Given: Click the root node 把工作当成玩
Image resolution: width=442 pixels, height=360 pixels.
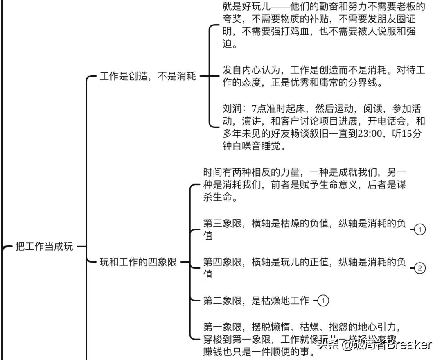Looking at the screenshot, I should tap(44, 247).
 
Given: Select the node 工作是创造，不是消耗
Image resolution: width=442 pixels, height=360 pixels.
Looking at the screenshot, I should tap(148, 76).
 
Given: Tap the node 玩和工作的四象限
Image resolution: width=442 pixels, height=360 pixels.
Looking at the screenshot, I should tap(138, 262).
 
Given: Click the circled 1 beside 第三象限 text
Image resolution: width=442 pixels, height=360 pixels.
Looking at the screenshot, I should tap(420, 230).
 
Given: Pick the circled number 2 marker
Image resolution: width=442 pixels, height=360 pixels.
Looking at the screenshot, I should tap(420, 268).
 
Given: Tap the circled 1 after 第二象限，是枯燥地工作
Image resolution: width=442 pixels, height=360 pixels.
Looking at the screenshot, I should tap(323, 301).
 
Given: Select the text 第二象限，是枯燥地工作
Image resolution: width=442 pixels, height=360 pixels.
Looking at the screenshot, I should tap(256, 301).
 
